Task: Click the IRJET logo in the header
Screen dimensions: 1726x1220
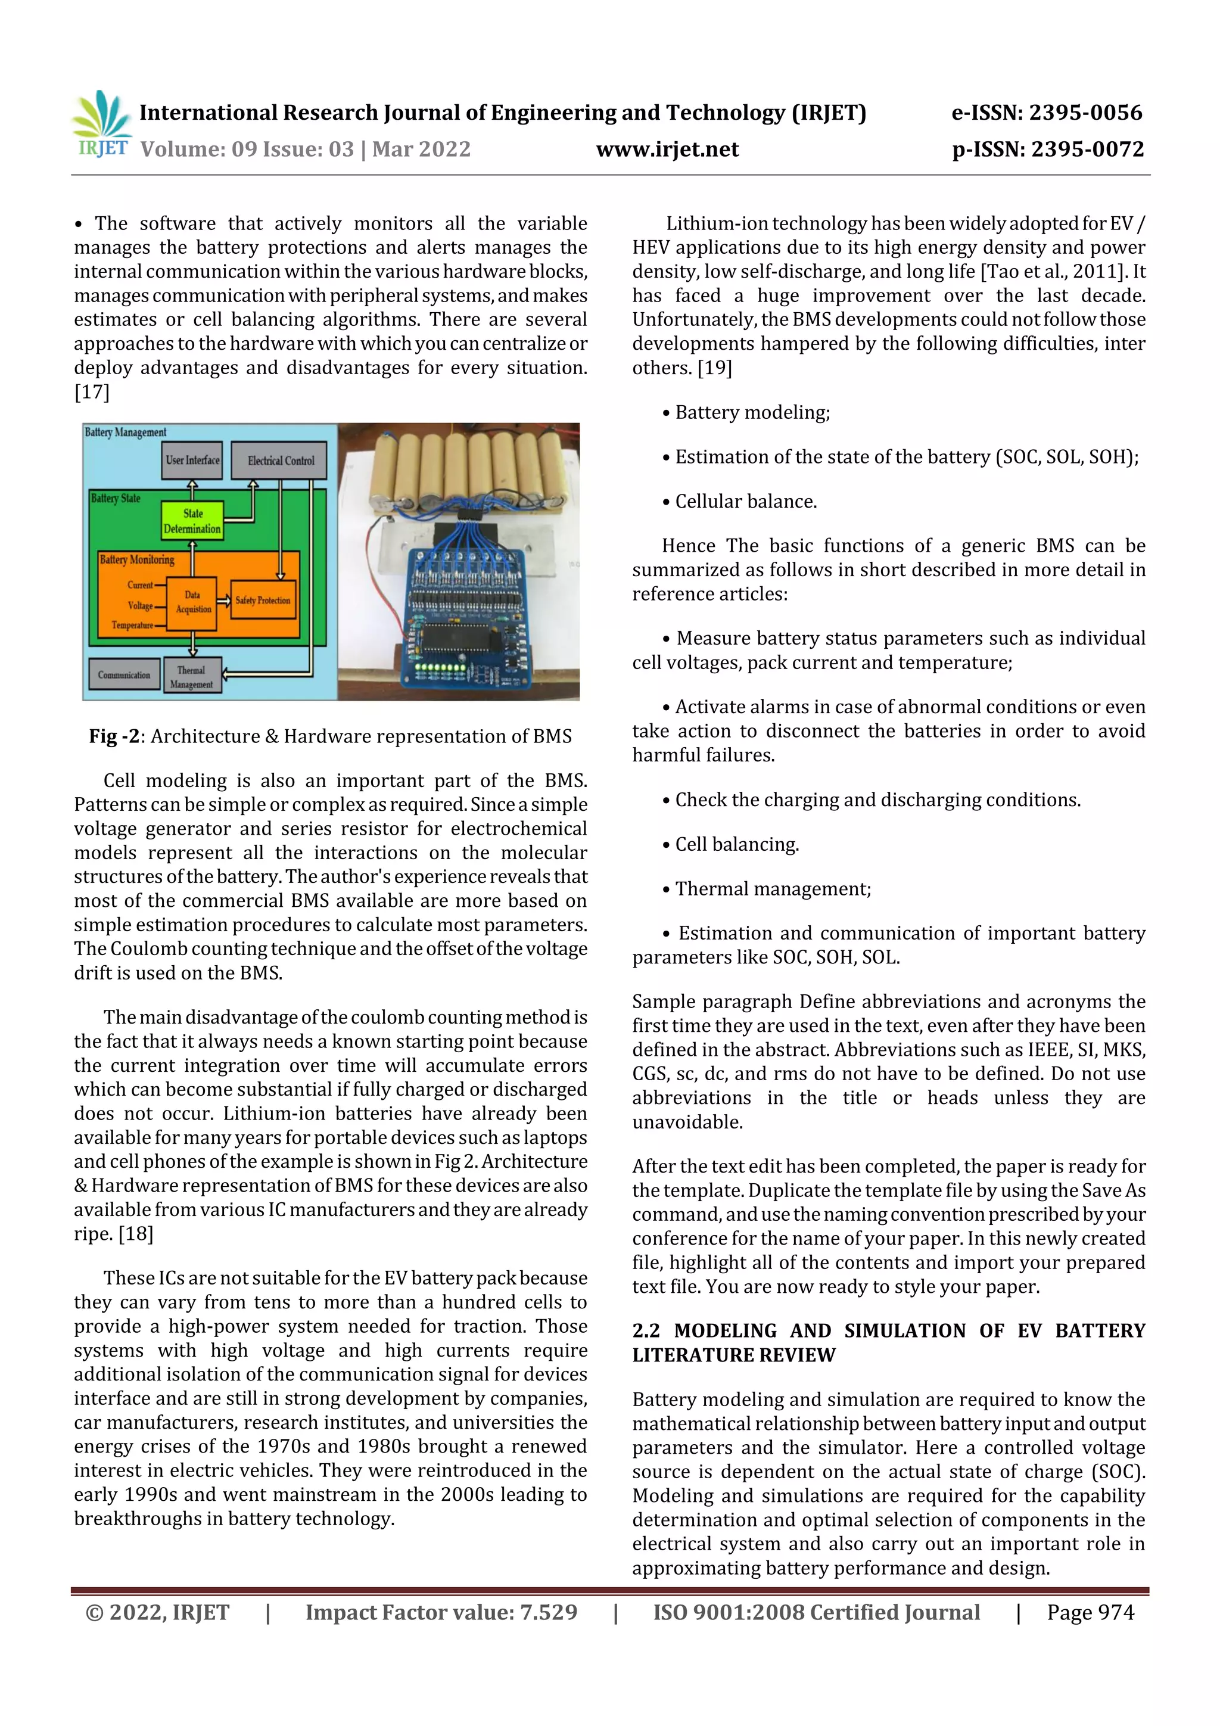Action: (x=101, y=124)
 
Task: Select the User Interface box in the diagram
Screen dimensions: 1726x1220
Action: (x=192, y=460)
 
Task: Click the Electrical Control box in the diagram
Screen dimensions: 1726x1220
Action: (x=281, y=460)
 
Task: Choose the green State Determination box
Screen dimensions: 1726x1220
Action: (x=192, y=520)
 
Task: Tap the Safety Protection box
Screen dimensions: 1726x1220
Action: (x=262, y=600)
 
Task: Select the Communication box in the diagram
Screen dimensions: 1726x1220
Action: (x=124, y=674)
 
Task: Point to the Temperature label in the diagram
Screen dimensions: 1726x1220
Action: (x=132, y=625)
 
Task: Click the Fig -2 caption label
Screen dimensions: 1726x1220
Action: (x=115, y=736)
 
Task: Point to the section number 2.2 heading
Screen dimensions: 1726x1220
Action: (x=646, y=1330)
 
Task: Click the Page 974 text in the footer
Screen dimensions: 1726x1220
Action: (x=1090, y=1612)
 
